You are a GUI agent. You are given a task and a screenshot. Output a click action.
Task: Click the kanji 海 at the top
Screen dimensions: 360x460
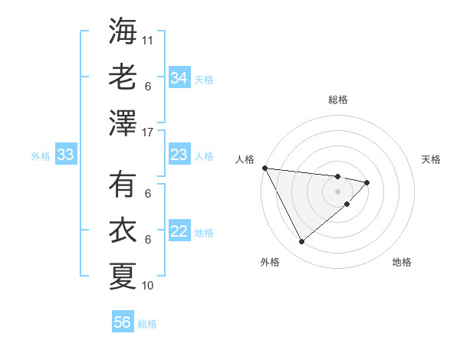pos(123,31)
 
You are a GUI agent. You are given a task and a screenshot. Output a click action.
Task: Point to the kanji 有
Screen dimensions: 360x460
pos(123,185)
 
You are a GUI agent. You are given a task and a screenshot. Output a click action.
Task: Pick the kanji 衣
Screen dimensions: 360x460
pos(123,230)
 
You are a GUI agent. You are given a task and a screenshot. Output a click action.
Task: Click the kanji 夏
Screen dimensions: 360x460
pos(123,275)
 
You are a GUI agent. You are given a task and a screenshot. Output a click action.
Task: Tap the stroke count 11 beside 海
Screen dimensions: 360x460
pos(149,39)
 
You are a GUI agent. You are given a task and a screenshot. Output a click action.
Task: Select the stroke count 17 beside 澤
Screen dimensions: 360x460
pos(149,132)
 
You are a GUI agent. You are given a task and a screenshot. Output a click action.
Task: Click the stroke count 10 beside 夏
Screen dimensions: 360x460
pos(149,286)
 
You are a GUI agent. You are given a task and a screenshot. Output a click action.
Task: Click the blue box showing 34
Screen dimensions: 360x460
pos(179,78)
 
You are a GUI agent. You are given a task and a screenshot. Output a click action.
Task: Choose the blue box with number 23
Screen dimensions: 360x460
pos(179,155)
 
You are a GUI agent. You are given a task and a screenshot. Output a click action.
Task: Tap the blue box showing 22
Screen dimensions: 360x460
pos(179,232)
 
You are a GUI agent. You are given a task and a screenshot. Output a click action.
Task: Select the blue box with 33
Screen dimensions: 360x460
pos(66,155)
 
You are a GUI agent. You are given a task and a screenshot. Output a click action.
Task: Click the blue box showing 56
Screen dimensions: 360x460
pos(123,322)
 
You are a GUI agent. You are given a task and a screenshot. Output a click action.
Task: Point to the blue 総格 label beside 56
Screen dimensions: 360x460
pos(147,324)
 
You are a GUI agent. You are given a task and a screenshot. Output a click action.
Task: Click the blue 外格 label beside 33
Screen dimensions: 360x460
pos(41,156)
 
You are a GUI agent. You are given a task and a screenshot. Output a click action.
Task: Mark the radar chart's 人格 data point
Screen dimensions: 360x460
pos(264,167)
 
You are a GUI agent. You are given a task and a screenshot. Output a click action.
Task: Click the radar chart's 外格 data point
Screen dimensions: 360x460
pos(301,241)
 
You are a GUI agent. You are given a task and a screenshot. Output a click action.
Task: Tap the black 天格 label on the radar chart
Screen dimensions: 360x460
pos(431,159)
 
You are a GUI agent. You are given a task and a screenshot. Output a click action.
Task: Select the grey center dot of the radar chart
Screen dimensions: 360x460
pos(337,190)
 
